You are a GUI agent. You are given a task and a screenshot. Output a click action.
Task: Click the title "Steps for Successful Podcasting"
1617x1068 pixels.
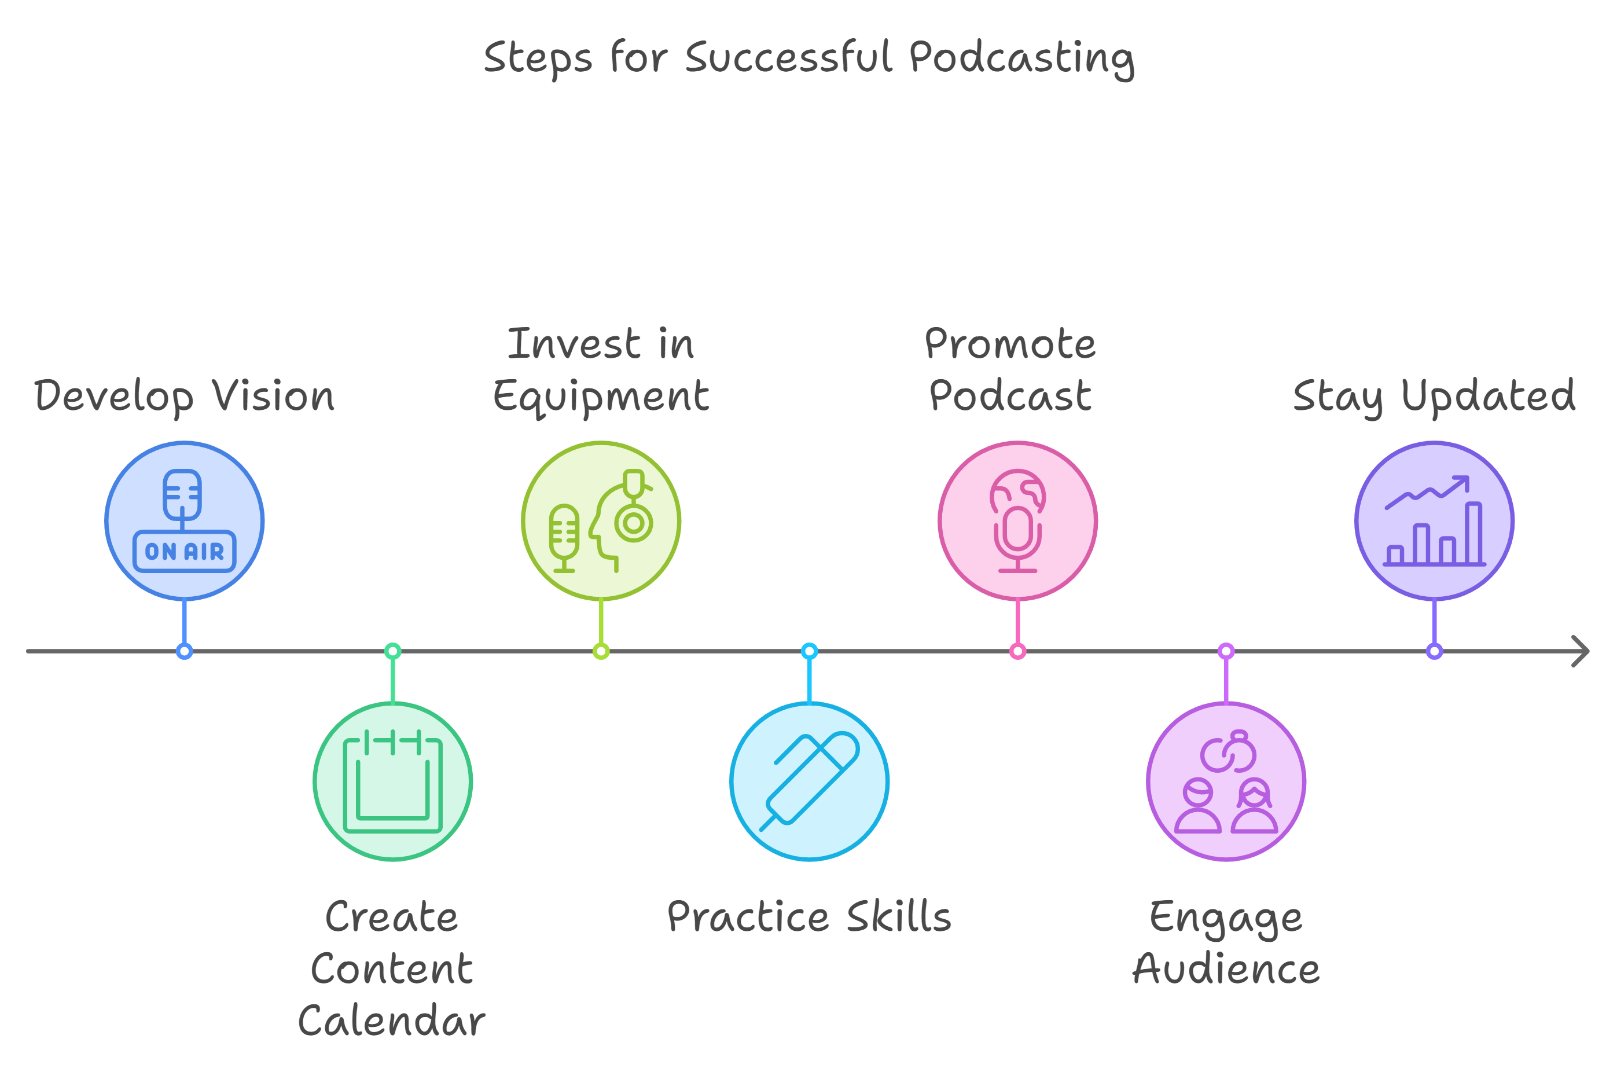click(809, 58)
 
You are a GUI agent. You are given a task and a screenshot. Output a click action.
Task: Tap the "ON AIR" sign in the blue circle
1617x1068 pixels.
click(185, 550)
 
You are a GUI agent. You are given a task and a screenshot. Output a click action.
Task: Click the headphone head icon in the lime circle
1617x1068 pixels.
click(620, 520)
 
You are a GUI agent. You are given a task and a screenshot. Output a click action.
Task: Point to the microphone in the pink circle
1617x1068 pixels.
click(1017, 538)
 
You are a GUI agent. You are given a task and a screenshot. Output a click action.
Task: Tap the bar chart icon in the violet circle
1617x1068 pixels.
click(1435, 521)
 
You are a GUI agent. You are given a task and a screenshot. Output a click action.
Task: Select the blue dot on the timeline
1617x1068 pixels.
click(185, 651)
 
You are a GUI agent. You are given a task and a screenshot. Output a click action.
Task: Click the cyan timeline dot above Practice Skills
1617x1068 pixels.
click(810, 651)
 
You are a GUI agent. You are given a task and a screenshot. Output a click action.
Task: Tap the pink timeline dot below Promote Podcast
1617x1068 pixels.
click(1018, 651)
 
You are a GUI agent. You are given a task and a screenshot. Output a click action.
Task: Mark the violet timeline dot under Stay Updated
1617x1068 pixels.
click(1435, 651)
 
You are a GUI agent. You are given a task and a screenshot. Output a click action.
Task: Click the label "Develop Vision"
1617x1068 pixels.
click(185, 397)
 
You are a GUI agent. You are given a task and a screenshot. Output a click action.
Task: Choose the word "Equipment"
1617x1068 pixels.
click(601, 397)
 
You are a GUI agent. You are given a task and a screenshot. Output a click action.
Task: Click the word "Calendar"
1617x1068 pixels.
click(392, 1021)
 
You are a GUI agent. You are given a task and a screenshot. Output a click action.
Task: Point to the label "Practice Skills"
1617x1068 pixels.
click(809, 916)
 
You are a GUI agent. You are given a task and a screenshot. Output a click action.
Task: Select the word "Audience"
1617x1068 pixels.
click(1226, 968)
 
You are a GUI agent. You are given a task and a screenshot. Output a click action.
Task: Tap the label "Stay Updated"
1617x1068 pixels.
click(1435, 397)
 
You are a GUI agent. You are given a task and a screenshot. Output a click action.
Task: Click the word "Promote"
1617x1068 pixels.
click(1010, 343)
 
